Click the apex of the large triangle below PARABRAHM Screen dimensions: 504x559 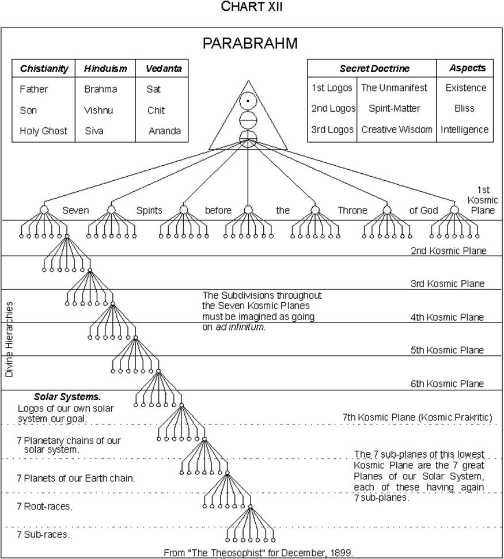(x=248, y=81)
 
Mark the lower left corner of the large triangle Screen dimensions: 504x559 (x=209, y=149)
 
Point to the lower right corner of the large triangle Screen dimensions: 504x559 (x=287, y=149)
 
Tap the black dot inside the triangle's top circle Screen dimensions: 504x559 (x=248, y=101)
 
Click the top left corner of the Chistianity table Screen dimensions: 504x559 (x=12, y=59)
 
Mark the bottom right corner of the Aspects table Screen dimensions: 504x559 (x=493, y=142)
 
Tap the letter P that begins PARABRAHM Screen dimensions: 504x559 (x=207, y=43)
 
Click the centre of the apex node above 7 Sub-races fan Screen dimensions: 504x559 (x=250, y=507)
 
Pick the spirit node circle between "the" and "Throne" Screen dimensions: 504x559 (x=314, y=210)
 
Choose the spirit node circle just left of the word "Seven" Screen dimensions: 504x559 (x=44, y=210)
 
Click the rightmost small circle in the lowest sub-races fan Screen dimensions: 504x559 (x=274, y=540)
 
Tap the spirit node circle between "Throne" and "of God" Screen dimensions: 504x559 (x=386, y=210)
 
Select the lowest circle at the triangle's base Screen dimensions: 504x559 (x=248, y=137)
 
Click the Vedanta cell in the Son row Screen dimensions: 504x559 (x=156, y=110)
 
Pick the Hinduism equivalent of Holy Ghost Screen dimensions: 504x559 (x=94, y=131)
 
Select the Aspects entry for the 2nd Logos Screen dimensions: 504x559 (x=464, y=108)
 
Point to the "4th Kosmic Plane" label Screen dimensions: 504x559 (x=447, y=317)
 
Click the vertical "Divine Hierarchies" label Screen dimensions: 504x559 (x=9, y=340)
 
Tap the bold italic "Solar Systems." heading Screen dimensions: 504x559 (x=67, y=397)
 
